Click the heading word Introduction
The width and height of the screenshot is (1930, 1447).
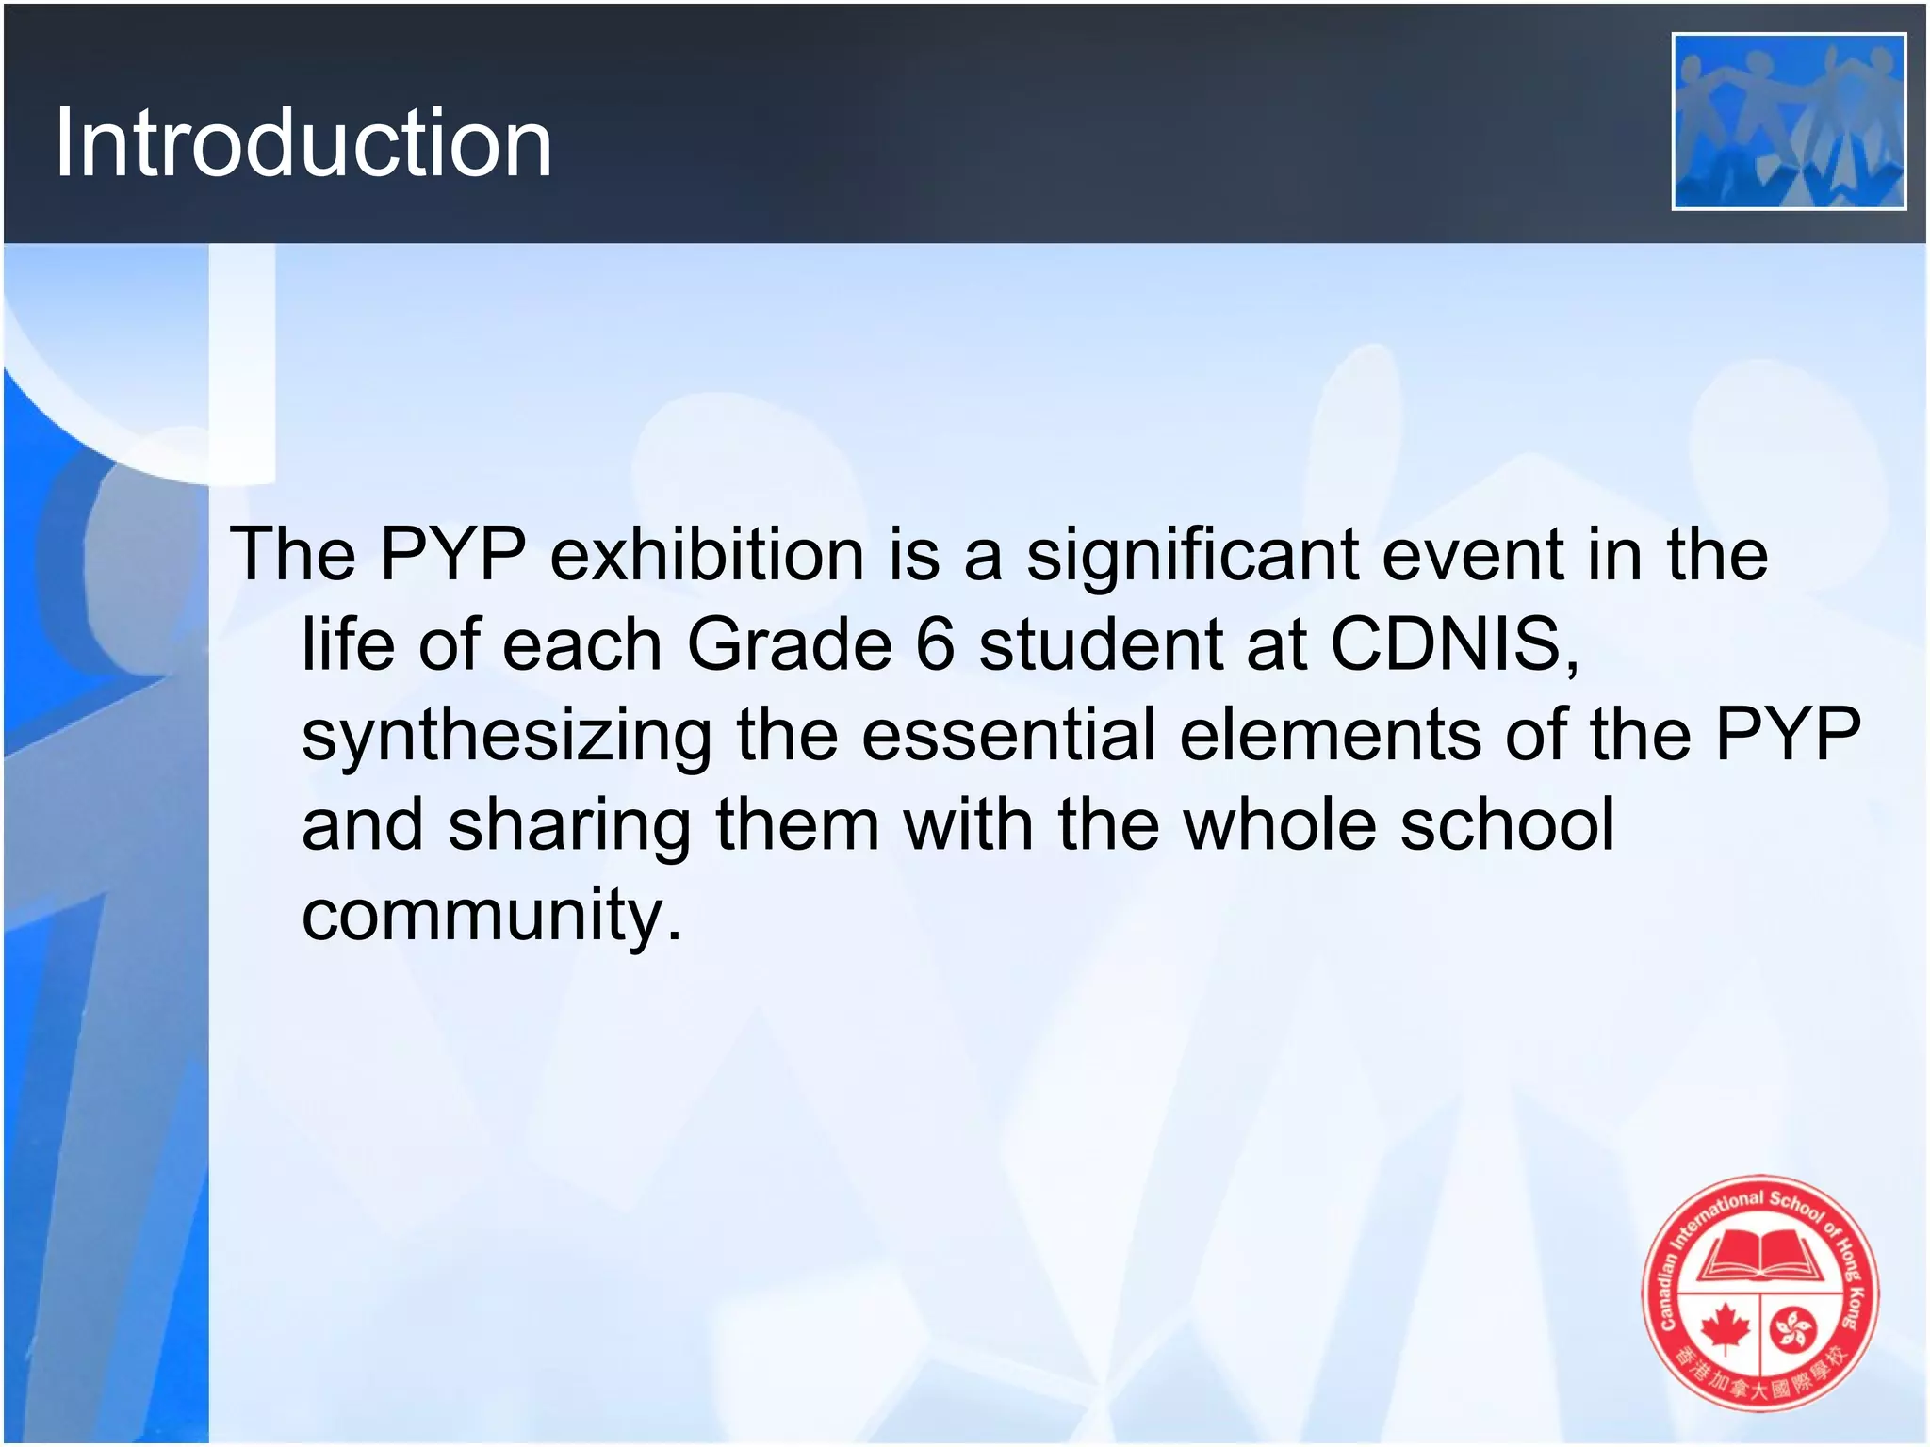point(303,143)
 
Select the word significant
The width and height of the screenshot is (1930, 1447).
point(1192,556)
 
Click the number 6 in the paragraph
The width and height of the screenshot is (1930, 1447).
point(935,645)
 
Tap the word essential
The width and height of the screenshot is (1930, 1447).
point(1008,735)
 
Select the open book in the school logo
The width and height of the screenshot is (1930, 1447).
point(1760,1258)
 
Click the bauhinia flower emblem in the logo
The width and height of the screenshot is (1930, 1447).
point(1793,1328)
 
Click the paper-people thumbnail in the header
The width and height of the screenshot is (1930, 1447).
point(1789,122)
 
